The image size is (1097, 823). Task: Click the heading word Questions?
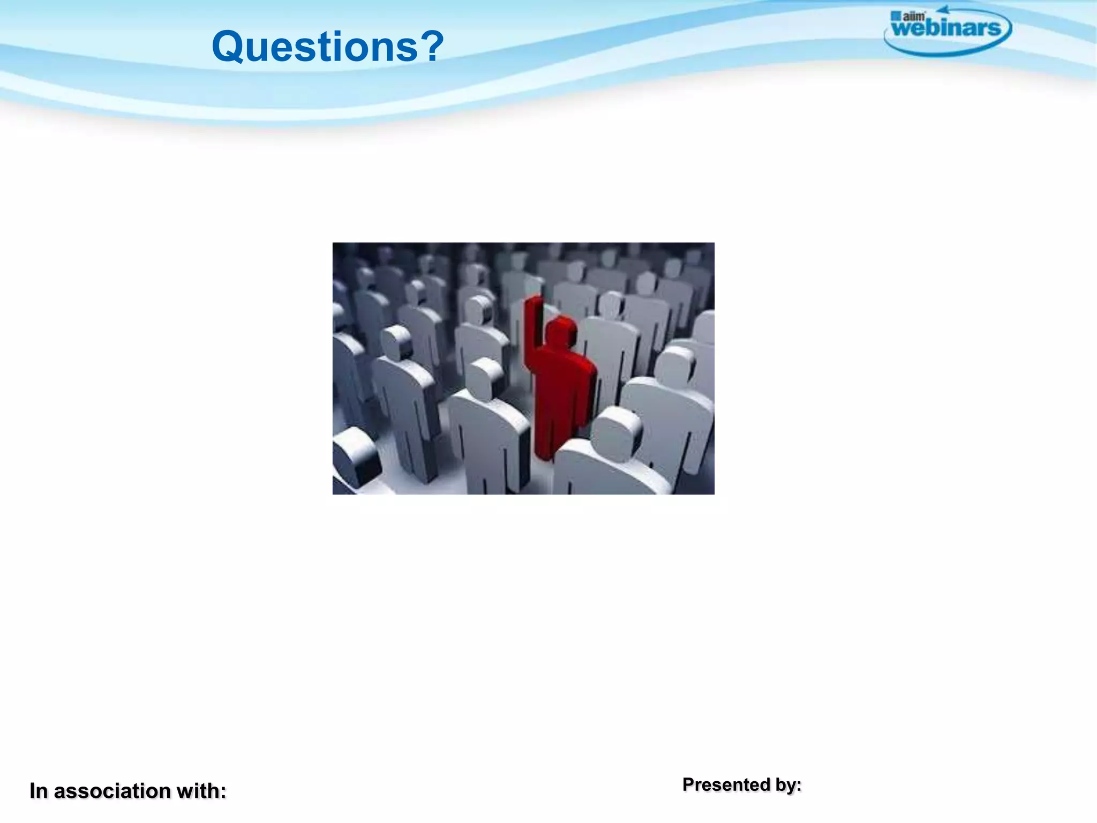[327, 47]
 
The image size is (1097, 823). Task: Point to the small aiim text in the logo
[914, 16]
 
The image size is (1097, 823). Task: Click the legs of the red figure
[552, 434]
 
